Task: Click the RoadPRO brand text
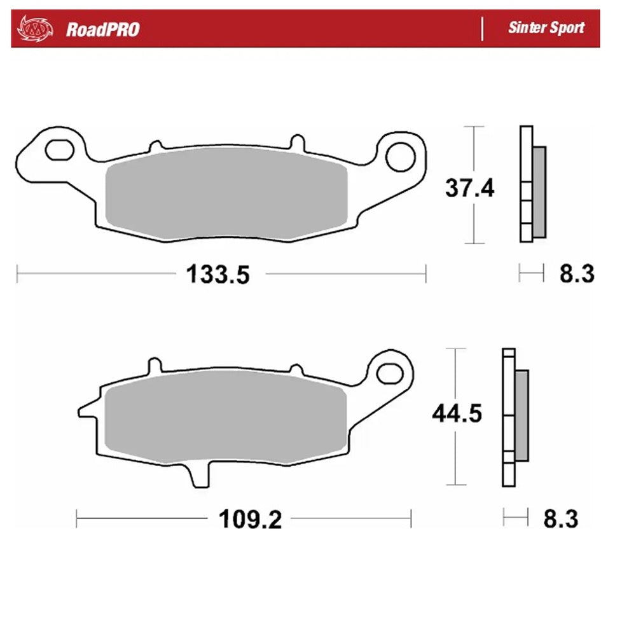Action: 102,29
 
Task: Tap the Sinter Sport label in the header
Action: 546,29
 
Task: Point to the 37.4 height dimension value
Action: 469,188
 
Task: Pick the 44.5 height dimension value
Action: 457,414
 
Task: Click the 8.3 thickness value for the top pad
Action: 577,274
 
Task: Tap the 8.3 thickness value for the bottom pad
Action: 560,519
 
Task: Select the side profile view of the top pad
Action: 532,184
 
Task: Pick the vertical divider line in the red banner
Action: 482,29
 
